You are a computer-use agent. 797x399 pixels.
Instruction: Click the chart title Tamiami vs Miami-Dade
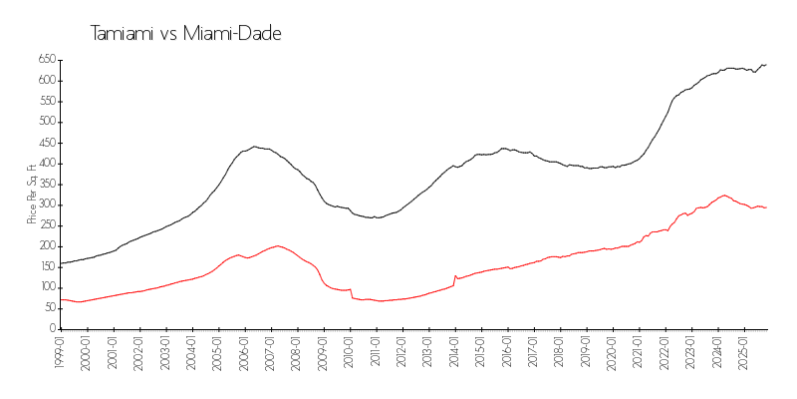[186, 33]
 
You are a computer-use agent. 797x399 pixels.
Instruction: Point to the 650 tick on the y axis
[45, 60]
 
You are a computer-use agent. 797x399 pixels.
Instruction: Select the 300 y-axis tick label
[45, 204]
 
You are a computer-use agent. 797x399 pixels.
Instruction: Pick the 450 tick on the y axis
[45, 143]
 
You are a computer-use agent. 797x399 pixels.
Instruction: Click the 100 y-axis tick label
[45, 287]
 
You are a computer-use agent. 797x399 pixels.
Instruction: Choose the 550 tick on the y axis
[45, 101]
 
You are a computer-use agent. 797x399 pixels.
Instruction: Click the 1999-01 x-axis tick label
[60, 352]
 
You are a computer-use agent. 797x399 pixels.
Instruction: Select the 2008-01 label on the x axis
[296, 352]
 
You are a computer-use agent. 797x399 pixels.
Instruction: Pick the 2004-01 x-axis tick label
[191, 352]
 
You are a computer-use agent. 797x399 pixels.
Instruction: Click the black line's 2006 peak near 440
[255, 147]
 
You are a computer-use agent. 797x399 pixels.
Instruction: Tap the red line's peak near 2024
[723, 196]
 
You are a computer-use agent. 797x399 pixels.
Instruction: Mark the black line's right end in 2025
[766, 65]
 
